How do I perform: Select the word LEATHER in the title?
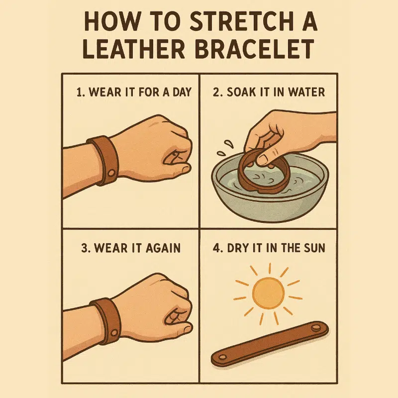coord(133,49)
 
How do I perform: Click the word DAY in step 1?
coord(182,92)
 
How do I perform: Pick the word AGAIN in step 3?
coord(163,248)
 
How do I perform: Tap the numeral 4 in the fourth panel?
coord(216,248)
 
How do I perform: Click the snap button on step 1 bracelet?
coord(111,173)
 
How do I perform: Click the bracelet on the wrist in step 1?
coord(103,160)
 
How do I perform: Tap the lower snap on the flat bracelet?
coord(222,357)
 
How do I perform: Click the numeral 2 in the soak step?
coord(216,92)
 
